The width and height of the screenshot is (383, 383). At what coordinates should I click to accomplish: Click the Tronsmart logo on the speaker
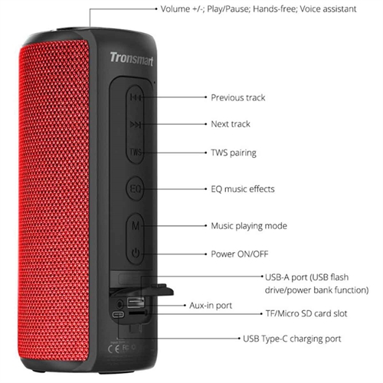point(132,59)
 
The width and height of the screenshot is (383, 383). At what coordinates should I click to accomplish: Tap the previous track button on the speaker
point(135,97)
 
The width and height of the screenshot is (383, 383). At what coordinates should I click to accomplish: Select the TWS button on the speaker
point(136,152)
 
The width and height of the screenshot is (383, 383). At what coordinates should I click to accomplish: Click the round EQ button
point(135,188)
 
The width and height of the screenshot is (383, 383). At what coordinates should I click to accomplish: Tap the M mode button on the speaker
point(136,226)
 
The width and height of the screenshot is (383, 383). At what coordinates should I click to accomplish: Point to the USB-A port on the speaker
point(136,303)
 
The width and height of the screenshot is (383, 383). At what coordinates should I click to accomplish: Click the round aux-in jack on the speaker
point(119,304)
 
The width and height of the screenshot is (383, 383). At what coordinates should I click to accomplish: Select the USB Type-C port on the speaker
point(118,314)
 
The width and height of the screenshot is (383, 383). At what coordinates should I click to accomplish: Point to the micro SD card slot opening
point(138,313)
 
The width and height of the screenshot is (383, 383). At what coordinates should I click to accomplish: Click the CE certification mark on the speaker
point(113,349)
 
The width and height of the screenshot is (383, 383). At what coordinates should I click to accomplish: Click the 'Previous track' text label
point(238,97)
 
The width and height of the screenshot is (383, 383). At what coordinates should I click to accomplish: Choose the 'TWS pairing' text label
point(234,152)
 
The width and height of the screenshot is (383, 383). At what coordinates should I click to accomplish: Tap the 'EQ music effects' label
point(243,189)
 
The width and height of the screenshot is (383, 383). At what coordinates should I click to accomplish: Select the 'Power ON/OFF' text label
point(240,254)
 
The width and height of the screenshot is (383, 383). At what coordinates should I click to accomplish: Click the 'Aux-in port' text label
point(211,306)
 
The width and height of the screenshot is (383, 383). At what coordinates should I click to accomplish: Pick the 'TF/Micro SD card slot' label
point(306,313)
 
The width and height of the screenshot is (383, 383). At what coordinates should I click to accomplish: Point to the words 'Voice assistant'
point(328,9)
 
